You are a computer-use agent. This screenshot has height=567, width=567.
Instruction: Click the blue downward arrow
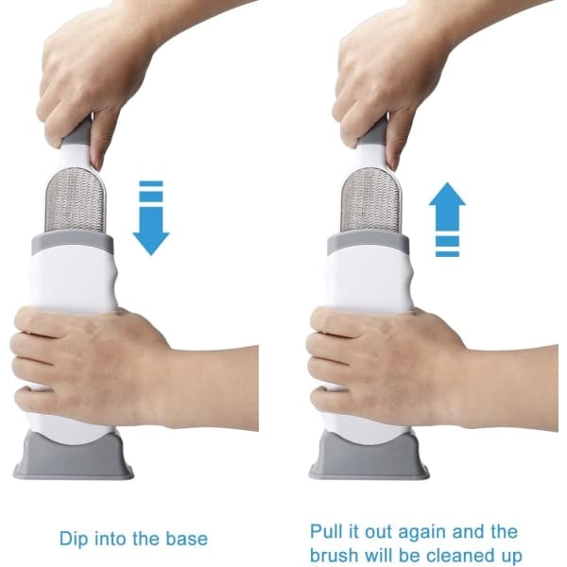[151, 218]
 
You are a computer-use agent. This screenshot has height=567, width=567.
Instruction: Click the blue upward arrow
[447, 219]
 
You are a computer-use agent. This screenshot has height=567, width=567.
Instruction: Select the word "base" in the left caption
[186, 539]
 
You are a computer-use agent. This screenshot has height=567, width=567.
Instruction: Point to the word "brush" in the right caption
[335, 555]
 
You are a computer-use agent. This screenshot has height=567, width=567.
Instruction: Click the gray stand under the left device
[74, 456]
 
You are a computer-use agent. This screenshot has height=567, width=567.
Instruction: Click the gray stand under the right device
[369, 456]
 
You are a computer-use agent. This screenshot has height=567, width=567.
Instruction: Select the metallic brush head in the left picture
[76, 200]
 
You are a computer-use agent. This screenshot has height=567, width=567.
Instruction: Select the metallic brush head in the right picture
[371, 200]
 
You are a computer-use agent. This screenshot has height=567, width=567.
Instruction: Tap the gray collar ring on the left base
[73, 243]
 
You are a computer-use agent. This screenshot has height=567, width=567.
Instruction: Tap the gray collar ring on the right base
[369, 243]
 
